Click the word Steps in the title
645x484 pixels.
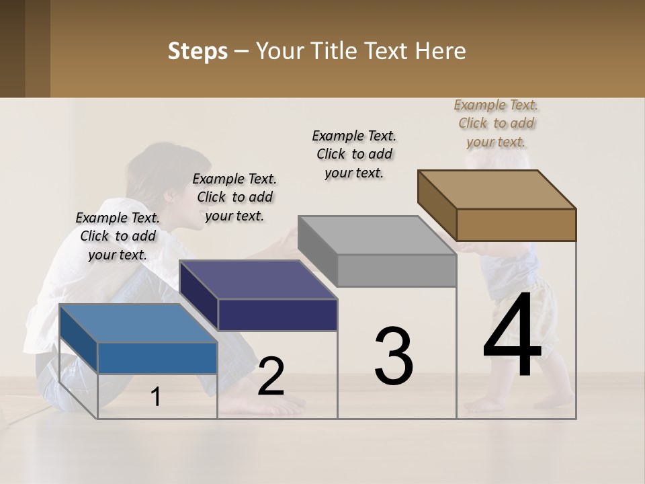(197, 51)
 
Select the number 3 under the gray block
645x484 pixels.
(393, 356)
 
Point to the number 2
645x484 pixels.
(271, 377)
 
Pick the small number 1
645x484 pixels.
(156, 397)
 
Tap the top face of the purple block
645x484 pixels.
(259, 280)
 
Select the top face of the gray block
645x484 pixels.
(377, 235)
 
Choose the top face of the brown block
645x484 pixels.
(497, 190)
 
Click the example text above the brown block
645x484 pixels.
(496, 123)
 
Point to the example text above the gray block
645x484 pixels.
(354, 154)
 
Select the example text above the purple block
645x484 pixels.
(234, 197)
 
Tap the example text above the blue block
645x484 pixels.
(118, 236)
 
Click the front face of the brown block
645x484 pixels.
(516, 225)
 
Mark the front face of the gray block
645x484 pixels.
(396, 270)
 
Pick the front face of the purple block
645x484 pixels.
(277, 315)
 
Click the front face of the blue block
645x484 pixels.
(157, 358)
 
